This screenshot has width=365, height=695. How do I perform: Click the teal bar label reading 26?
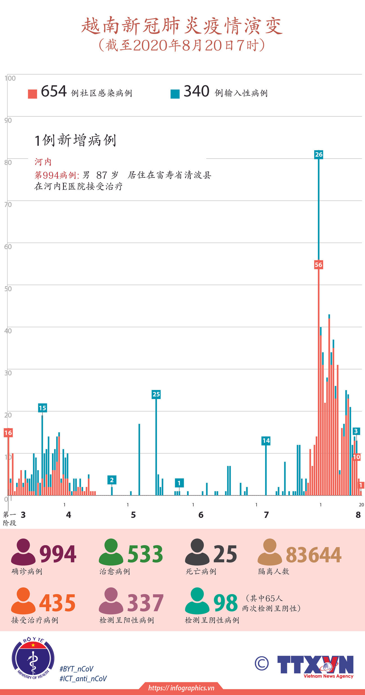click(319, 154)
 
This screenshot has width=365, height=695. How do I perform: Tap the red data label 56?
click(318, 265)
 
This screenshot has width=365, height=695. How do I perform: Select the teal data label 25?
click(156, 394)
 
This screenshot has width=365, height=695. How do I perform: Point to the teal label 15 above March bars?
click(42, 408)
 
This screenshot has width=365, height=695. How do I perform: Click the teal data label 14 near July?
click(266, 441)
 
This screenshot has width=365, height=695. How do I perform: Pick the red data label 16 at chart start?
click(8, 433)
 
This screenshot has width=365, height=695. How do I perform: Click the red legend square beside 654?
click(33, 94)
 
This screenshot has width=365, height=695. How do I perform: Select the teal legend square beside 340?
click(175, 94)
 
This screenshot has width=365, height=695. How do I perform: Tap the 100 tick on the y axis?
click(10, 78)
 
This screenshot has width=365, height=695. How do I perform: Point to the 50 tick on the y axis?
click(8, 289)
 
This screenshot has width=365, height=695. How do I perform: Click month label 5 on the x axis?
click(133, 515)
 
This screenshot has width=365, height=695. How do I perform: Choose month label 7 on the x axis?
click(266, 515)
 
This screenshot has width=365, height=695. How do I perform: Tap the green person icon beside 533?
click(111, 552)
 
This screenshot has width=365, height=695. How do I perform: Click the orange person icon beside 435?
click(23, 601)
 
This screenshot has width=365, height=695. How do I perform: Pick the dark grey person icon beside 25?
click(197, 552)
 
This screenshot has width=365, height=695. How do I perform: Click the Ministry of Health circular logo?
click(33, 659)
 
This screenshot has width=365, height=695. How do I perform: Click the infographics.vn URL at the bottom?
click(181, 688)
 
